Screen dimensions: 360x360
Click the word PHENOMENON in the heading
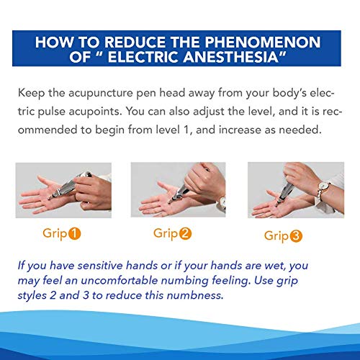click(x=263, y=42)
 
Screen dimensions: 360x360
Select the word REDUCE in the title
click(x=136, y=42)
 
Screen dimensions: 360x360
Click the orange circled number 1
click(x=75, y=233)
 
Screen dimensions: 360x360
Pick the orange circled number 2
click(x=185, y=233)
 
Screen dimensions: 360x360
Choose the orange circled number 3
click(x=296, y=236)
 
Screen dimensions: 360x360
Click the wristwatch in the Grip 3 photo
click(x=323, y=186)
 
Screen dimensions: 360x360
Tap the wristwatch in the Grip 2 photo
click(x=222, y=202)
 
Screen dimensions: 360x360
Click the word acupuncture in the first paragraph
click(x=101, y=94)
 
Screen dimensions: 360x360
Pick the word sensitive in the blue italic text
click(x=99, y=266)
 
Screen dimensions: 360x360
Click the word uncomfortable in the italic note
click(x=120, y=280)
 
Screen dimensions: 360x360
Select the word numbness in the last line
click(x=195, y=295)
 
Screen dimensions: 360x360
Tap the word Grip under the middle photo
click(x=166, y=234)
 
